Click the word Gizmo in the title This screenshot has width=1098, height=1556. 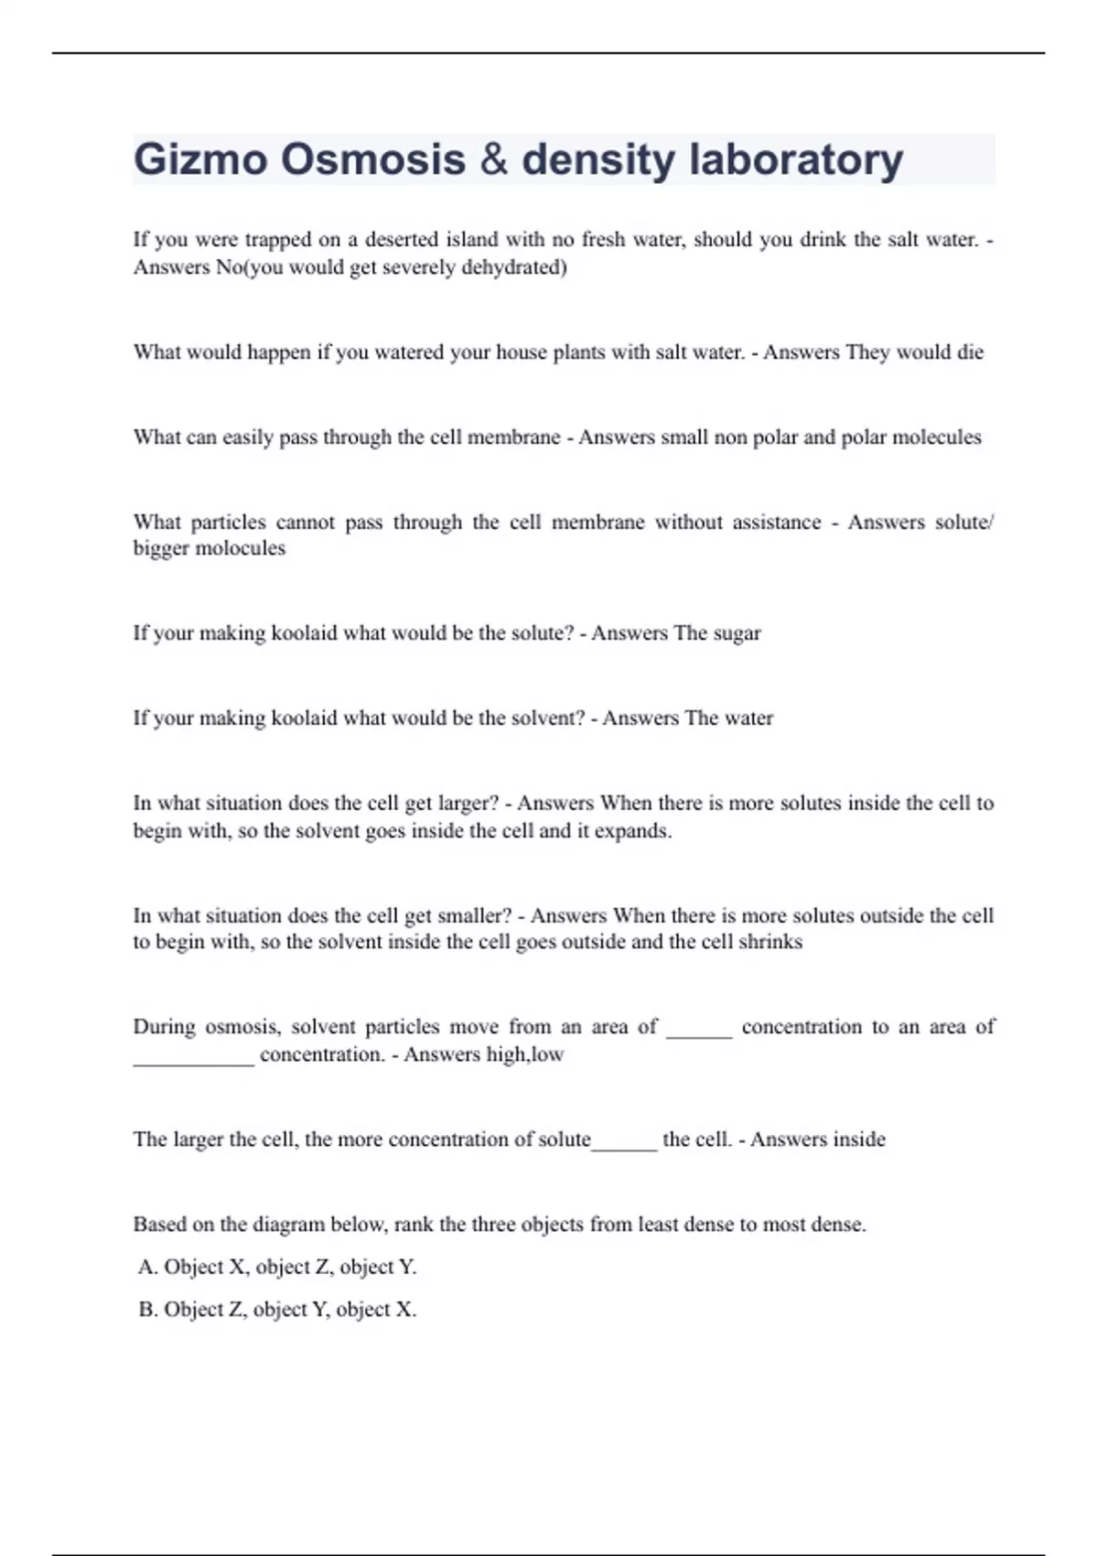point(201,160)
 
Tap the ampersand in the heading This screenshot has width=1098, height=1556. point(493,160)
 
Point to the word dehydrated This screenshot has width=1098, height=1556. point(514,267)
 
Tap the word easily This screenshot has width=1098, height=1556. point(248,438)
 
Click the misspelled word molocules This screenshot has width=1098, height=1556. point(242,548)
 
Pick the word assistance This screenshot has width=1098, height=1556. point(776,523)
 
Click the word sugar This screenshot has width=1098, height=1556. point(737,633)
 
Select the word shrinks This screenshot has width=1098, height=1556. point(770,942)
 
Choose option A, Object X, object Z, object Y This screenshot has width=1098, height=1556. point(277,1267)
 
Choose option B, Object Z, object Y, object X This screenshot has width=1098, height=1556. point(277,1310)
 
